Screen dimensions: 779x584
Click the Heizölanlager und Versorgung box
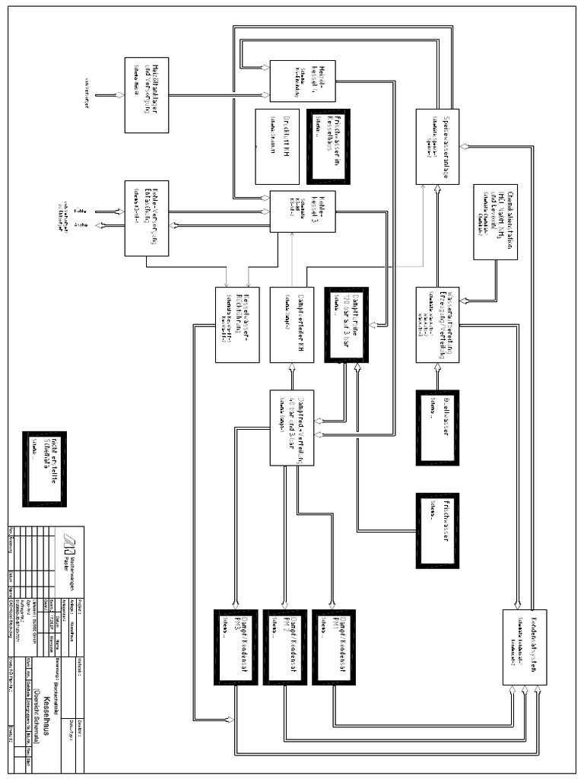pyautogui.click(x=147, y=95)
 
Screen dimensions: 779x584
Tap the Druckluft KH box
pyautogui.click(x=278, y=146)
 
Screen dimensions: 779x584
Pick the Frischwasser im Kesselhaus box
pyautogui.click(x=328, y=146)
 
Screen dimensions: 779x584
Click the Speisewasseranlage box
pyautogui.click(x=437, y=146)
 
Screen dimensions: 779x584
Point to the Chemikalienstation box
pyautogui.click(x=495, y=221)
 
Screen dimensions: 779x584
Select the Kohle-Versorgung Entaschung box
pyautogui.click(x=147, y=218)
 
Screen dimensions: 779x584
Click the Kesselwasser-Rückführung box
pyautogui.click(x=237, y=325)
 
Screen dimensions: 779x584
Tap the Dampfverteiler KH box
pyautogui.click(x=293, y=325)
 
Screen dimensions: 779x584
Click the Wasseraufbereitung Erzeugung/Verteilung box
pyautogui.click(x=437, y=325)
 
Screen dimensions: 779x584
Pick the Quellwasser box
pyautogui.click(x=437, y=427)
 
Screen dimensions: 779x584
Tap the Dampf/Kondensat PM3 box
pyautogui.click(x=237, y=647)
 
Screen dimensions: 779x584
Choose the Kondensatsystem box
pyautogui.click(x=525, y=647)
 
